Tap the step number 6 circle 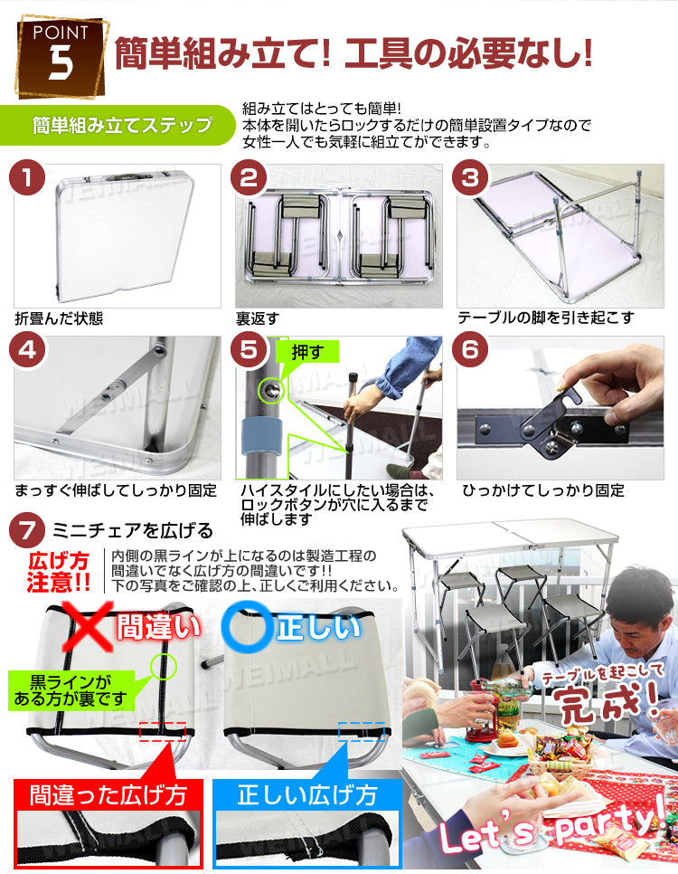470,350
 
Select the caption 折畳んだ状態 59,318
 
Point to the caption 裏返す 259,318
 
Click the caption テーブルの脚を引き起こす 546,318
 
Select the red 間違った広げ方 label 108,795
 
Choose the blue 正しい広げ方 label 306,795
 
